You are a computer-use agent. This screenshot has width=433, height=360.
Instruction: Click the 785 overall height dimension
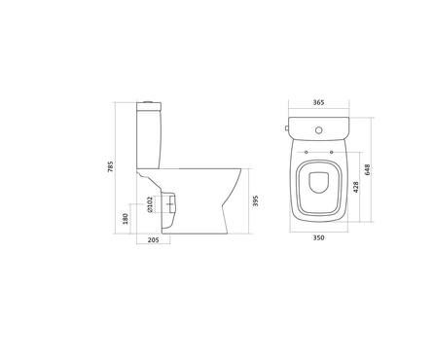coord(111,166)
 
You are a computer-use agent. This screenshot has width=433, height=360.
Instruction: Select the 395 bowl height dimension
coord(256,200)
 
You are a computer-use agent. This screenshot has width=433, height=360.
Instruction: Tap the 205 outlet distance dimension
coord(153,240)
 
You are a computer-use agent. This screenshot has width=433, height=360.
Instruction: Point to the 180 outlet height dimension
coord(126,218)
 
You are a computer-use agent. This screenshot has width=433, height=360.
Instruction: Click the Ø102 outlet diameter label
coord(150,204)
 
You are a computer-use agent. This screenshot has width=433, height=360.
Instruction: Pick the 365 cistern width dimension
coord(318,102)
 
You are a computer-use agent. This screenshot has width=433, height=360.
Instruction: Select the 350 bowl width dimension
coord(318,237)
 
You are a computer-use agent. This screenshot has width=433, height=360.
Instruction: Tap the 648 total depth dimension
coord(367,170)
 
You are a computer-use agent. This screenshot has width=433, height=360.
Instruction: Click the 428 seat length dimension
coord(356,187)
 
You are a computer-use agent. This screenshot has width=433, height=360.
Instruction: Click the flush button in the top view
coord(319,130)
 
